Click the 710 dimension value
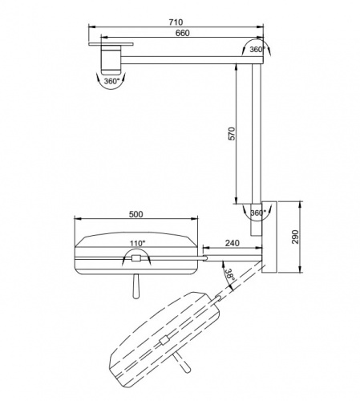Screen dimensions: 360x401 (176, 22)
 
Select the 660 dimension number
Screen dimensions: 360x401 (183, 33)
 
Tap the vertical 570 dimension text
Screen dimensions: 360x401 (233, 134)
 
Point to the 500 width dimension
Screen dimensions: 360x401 (136, 214)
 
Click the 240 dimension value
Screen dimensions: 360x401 (233, 243)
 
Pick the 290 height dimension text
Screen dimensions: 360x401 (295, 237)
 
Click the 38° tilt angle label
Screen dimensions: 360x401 (229, 274)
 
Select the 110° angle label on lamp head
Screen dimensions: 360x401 (138, 243)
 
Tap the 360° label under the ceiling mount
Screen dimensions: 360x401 (111, 81)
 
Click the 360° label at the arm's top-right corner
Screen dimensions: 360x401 (257, 50)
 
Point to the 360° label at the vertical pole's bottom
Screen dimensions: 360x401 (258, 213)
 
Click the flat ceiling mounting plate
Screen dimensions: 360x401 (111, 43)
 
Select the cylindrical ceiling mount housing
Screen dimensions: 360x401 (111, 59)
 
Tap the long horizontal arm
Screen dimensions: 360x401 (192, 60)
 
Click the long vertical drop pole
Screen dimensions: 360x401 (257, 133)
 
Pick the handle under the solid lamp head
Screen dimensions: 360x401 (136, 286)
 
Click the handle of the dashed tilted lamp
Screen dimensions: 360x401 (182, 363)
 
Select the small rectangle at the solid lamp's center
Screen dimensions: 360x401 (136, 258)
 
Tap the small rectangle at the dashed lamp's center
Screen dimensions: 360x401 (164, 340)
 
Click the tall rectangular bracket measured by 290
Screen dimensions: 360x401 (269, 237)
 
